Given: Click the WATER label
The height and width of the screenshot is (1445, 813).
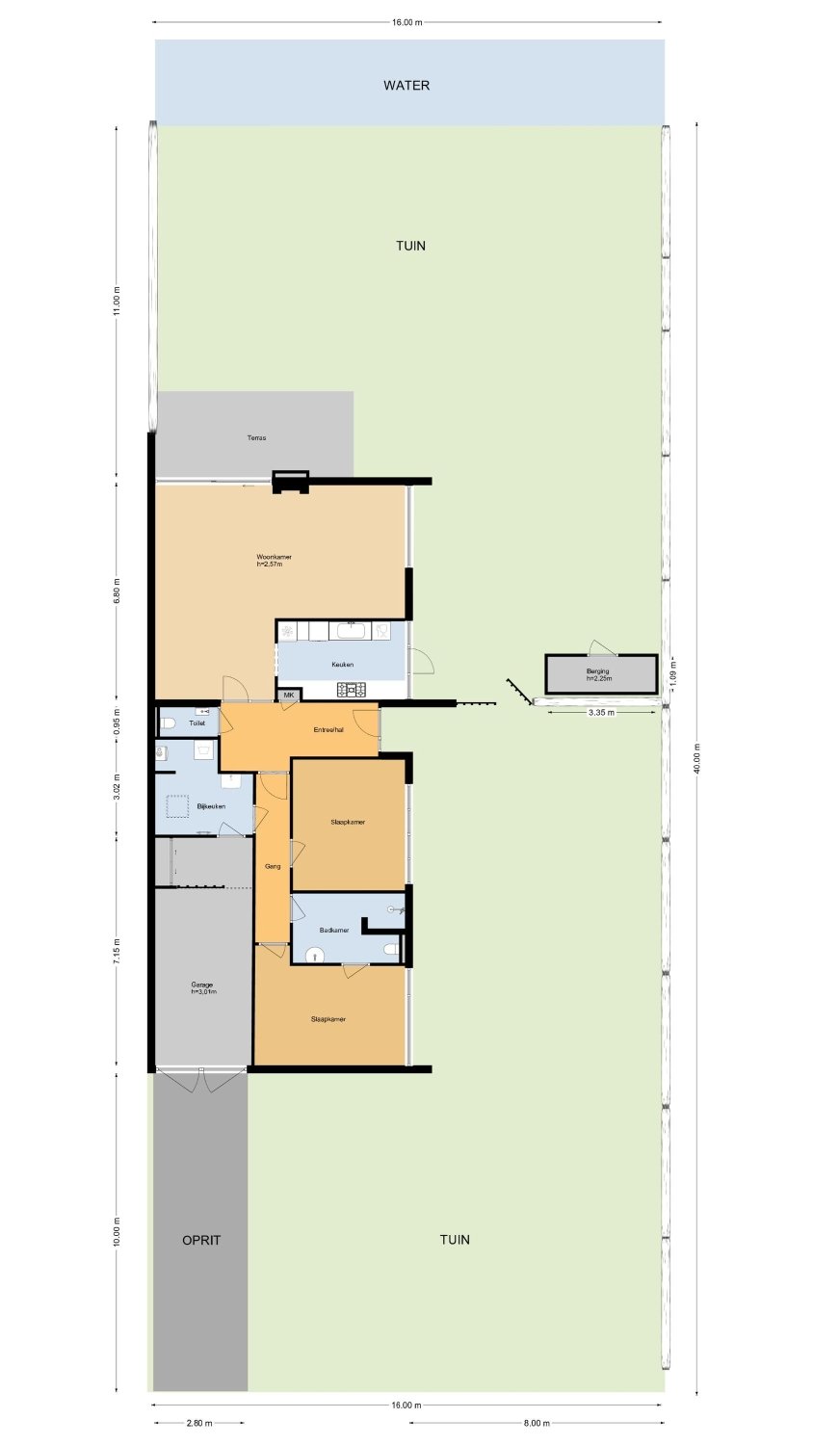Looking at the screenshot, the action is pos(406,85).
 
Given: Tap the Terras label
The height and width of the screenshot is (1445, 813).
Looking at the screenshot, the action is pos(256,438).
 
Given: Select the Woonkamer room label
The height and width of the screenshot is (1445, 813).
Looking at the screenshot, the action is pos(275,557).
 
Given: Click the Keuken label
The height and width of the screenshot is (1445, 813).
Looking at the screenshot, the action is pos(343,665).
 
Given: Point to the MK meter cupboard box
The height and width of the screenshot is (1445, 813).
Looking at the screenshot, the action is pos(288,695).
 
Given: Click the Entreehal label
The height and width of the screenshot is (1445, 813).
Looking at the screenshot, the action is pos(328,730).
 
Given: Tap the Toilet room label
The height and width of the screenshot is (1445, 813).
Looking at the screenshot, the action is pos(197,723).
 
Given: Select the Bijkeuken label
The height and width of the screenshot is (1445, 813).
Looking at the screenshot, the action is pos(211,806).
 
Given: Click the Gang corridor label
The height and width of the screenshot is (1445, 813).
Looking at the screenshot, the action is pos(273,866).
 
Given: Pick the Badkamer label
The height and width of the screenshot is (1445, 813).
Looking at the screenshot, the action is pos(334,931).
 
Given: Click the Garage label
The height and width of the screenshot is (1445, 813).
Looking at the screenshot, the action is pos(202,985).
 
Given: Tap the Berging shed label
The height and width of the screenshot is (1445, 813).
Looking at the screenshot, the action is pos(597,671).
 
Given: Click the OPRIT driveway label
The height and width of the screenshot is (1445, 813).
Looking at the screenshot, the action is pos(201,1240).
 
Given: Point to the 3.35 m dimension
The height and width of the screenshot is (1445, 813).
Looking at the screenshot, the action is pos(601,713).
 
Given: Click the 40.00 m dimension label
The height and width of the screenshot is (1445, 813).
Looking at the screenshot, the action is pos(696,759).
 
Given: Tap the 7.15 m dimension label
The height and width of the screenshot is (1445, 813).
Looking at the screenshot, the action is pos(117,952).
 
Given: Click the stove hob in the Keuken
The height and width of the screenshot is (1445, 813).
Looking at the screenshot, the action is pos(351,690).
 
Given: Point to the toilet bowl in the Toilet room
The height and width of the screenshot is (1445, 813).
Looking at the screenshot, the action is pos(167,724).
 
